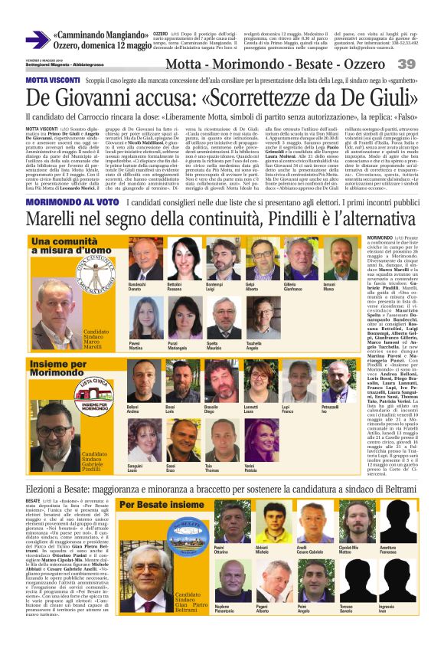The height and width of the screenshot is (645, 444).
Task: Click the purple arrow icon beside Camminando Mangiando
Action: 37,41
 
